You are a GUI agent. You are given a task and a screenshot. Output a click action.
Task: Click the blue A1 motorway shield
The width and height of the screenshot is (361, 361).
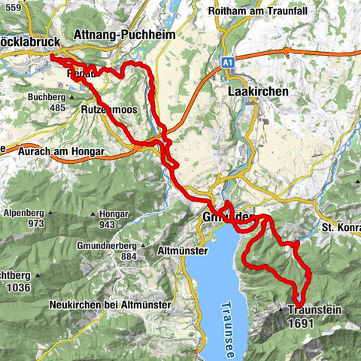click(x=228, y=66)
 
